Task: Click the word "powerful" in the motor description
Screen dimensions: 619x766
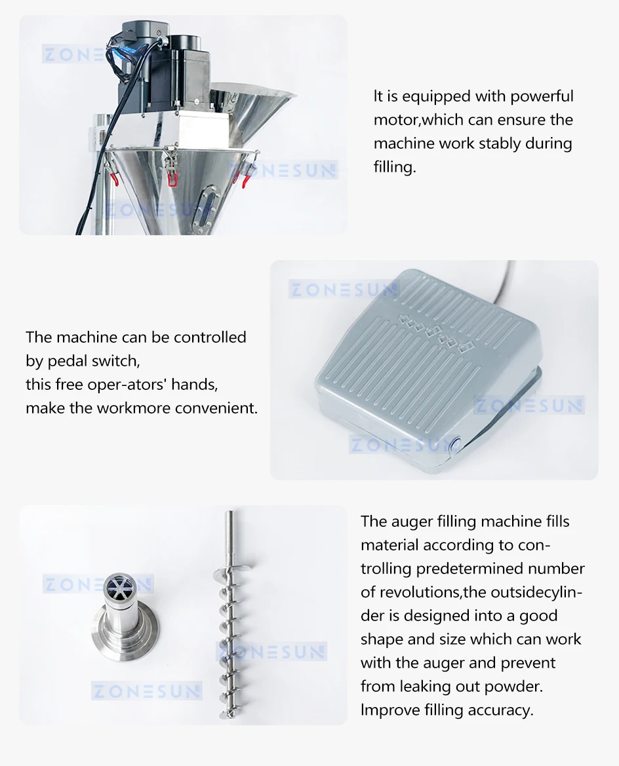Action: pyautogui.click(x=542, y=96)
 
